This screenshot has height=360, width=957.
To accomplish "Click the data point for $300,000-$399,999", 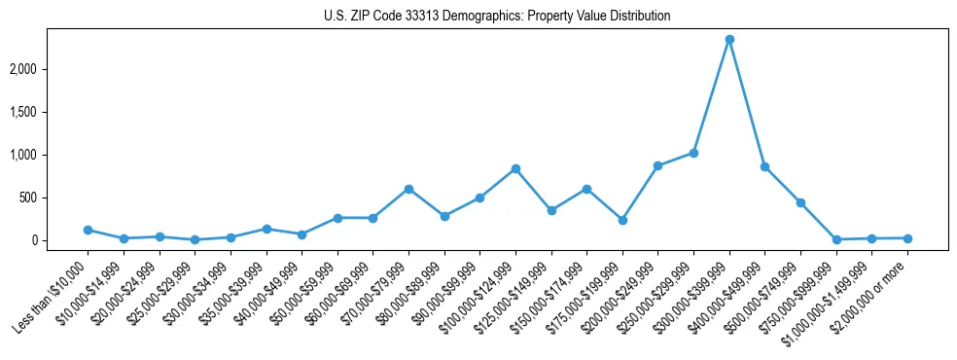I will pos(729,39).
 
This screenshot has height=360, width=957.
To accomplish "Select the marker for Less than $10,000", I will pos(88,230).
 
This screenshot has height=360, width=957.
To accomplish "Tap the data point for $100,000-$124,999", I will pos(515,168).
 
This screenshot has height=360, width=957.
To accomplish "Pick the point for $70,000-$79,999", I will pos(408,189).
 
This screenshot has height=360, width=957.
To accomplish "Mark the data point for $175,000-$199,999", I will pos(622,220).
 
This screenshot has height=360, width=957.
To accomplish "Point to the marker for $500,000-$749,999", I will pos(800,202).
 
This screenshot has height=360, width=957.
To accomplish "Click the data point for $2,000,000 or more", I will pos(907,238).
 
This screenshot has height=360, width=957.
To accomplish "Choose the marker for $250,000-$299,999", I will pos(693,153).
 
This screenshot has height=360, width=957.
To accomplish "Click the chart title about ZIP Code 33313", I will pos(497,17).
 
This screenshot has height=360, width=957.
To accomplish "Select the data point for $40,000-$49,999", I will pos(301,234).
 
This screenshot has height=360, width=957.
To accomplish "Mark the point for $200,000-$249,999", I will pos(657,165).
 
